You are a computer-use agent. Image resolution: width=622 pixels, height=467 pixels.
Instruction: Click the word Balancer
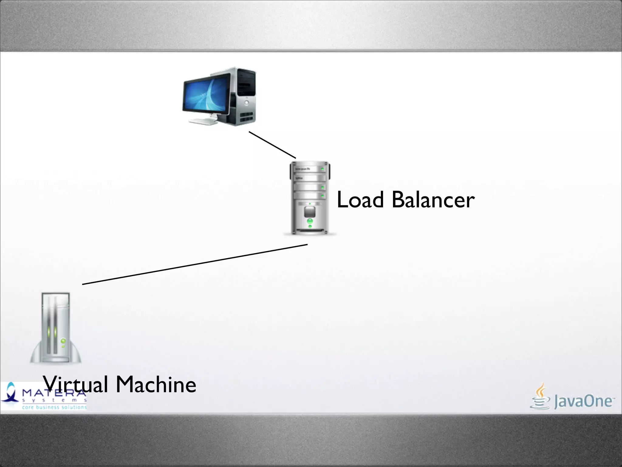pos(433,200)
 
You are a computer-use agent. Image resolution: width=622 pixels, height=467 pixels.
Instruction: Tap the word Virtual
pos(75,384)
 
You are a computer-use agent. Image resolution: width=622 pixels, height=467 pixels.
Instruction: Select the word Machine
pos(156,384)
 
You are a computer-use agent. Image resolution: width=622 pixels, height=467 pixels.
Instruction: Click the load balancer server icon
pos(309,198)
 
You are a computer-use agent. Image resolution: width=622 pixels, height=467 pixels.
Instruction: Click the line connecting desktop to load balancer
pos(272,145)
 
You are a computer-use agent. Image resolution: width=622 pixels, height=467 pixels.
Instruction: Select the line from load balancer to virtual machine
pos(194,264)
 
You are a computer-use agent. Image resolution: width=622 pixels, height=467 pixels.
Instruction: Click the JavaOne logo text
pos(583,401)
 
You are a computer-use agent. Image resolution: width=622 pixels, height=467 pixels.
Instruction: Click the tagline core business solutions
pos(54,407)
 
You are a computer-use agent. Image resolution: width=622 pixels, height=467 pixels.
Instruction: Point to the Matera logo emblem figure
pos(11,394)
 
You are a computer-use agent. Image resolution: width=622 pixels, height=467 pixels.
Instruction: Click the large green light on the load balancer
pos(310,221)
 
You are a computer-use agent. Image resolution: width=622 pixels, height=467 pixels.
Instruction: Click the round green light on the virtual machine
pos(63,341)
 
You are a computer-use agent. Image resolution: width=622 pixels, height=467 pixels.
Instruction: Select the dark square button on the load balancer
pos(310,211)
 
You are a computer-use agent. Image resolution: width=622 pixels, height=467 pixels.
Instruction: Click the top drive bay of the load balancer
pos(309,168)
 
